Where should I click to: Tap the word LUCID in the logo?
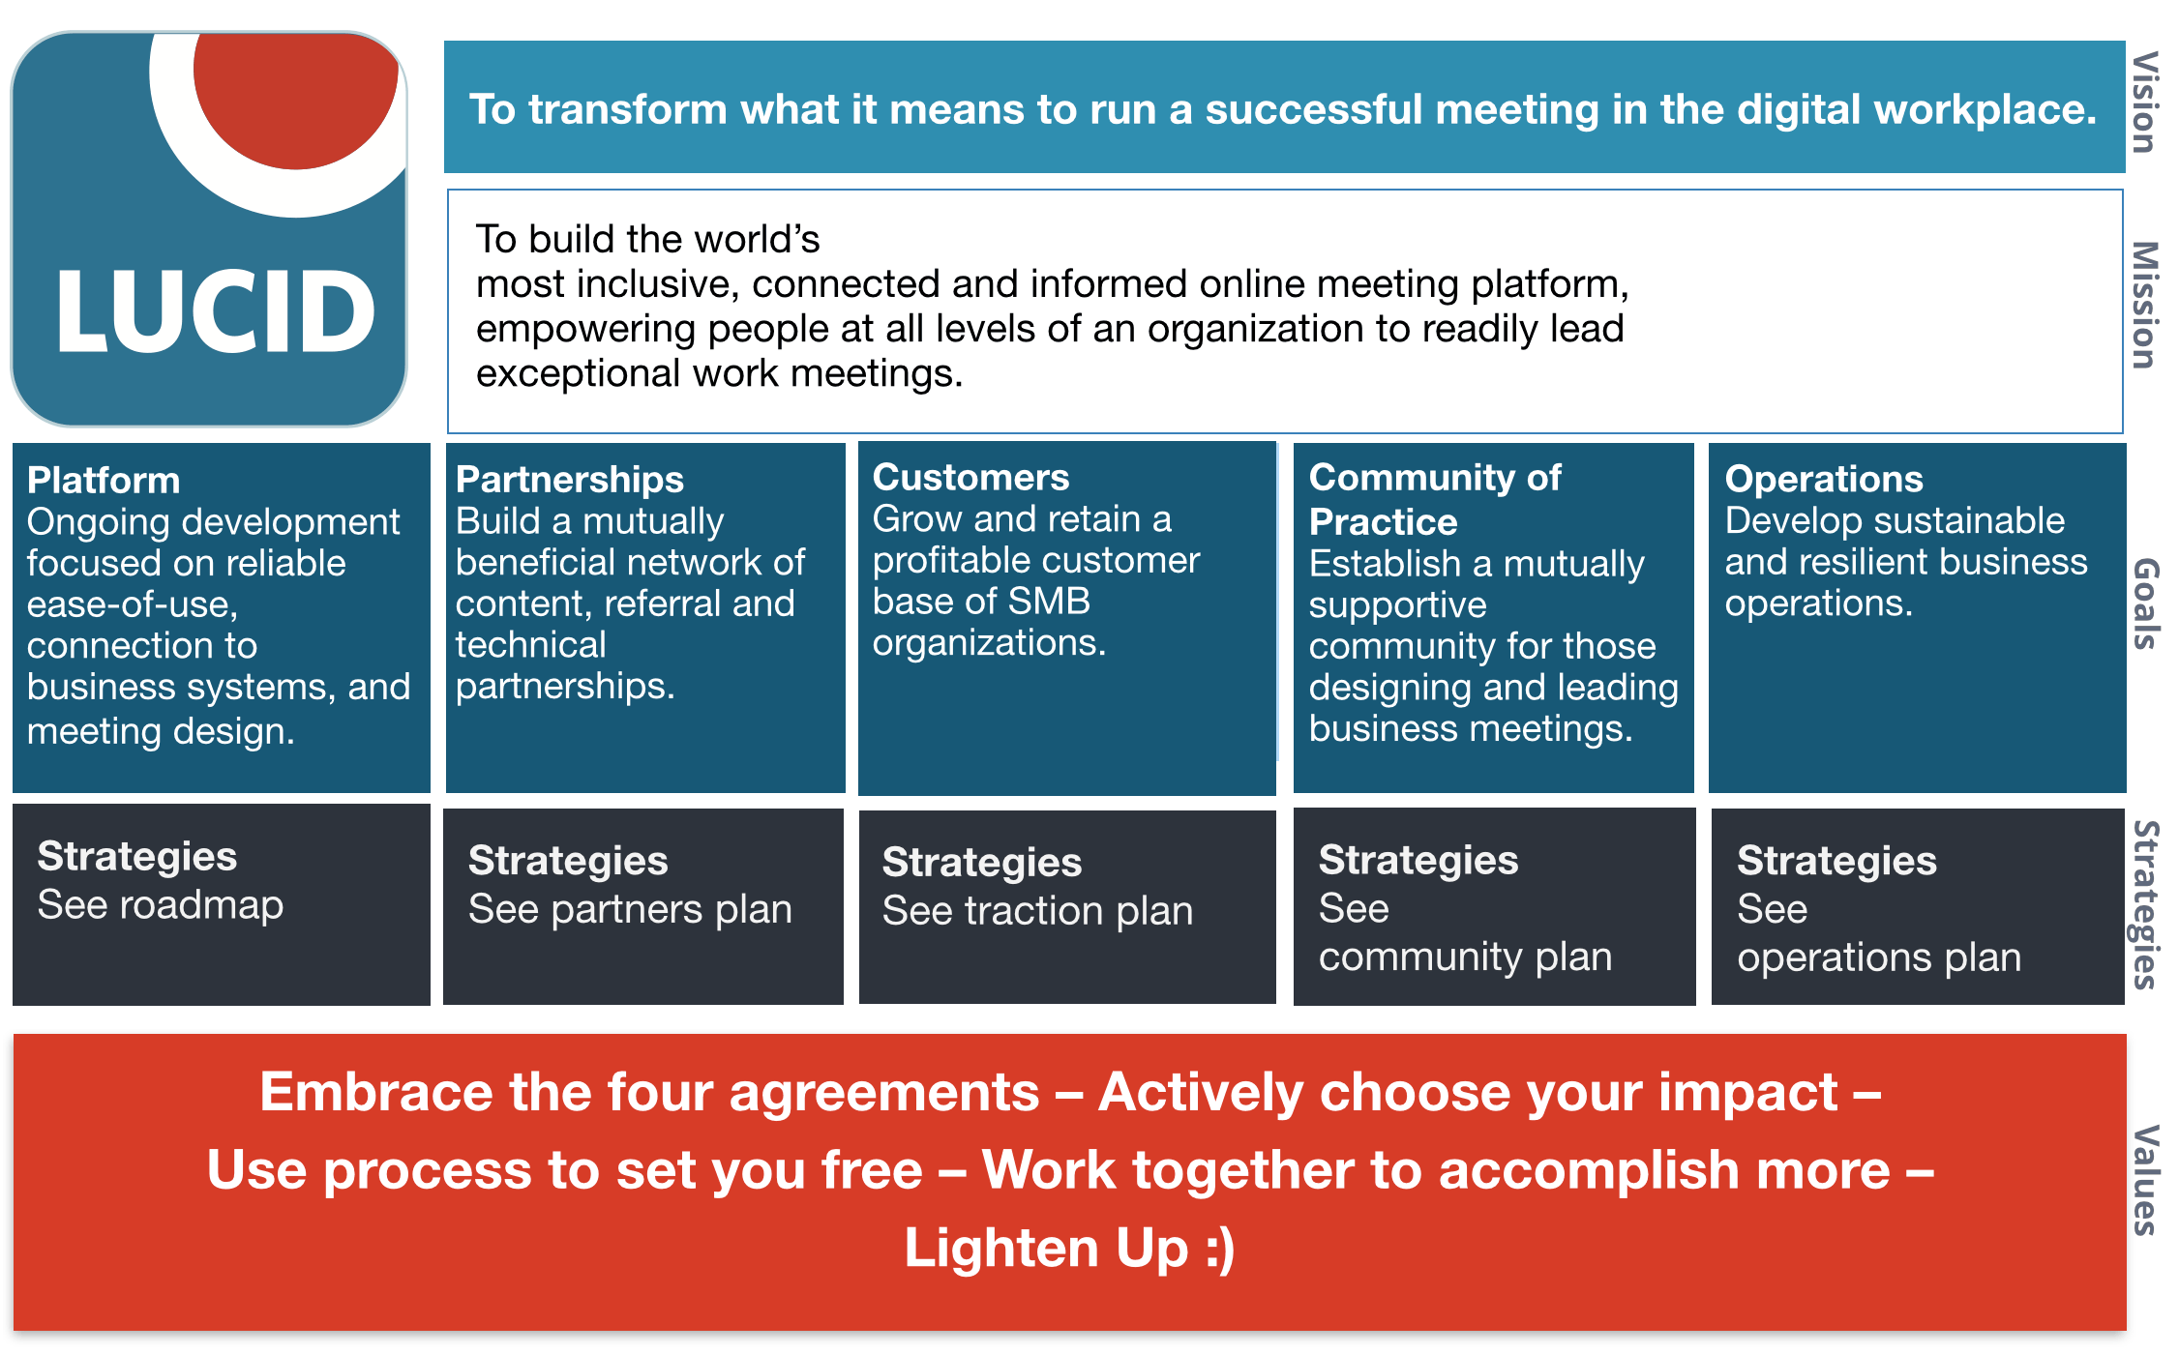tap(216, 311)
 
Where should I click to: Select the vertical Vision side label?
tap(2145, 103)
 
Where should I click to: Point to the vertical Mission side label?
tap(2145, 305)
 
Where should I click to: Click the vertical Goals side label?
tap(2145, 603)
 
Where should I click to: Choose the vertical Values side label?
tap(2145, 1180)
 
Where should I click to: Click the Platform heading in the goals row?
tap(104, 481)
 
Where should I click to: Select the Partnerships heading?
tap(570, 481)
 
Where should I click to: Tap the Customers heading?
tap(970, 478)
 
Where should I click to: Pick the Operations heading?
tap(1824, 480)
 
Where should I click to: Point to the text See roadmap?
tap(161, 905)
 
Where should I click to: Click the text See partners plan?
tap(630, 910)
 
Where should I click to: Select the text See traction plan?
tap(1037, 911)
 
